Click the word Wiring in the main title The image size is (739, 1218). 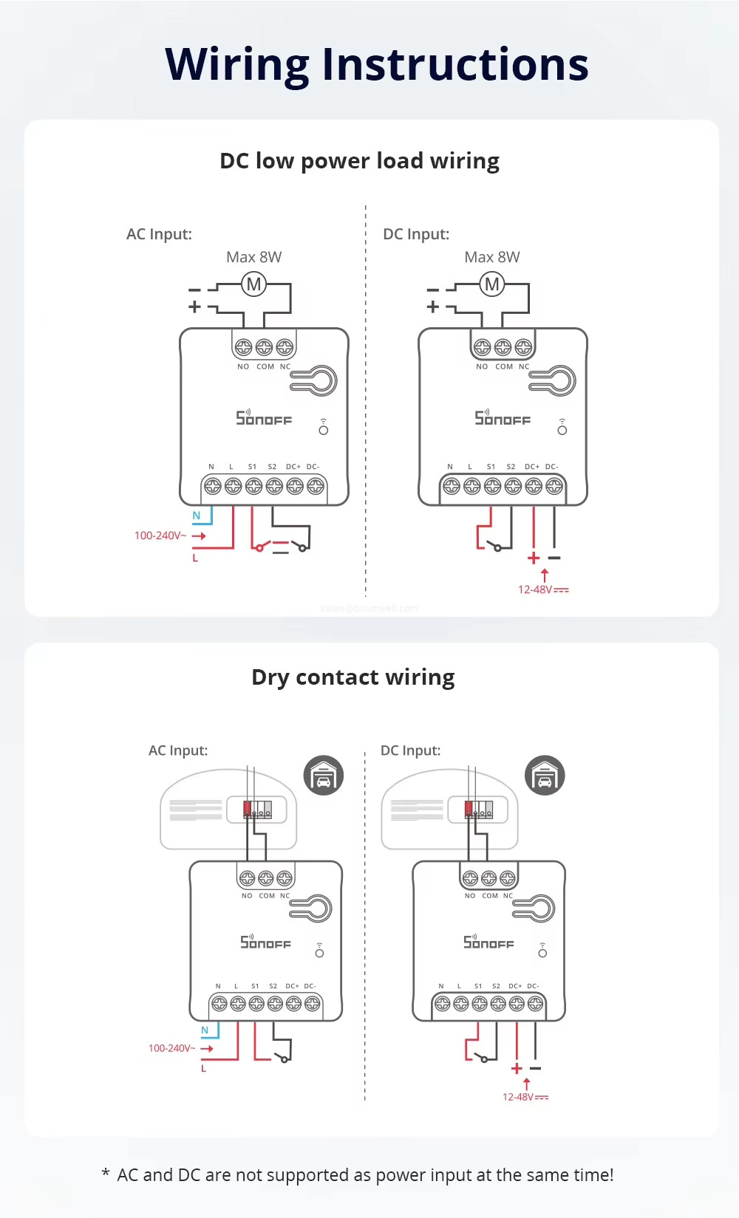point(237,65)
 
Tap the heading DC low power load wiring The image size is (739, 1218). point(359,161)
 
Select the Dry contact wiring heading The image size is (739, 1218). point(353,677)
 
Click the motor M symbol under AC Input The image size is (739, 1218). point(253,284)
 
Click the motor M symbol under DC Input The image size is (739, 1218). point(492,284)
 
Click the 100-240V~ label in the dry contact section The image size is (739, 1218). point(171,1048)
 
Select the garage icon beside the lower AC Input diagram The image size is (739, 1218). point(324,776)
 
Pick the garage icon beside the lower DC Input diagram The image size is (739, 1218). point(545,776)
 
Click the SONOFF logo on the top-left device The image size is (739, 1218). point(264,418)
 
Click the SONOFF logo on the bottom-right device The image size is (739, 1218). point(488,942)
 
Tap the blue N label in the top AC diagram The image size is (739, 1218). point(197,516)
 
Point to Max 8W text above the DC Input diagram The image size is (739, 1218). point(492,257)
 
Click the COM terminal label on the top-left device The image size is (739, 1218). point(265,366)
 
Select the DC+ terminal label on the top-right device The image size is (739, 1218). point(532,467)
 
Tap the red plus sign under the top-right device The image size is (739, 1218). point(534,558)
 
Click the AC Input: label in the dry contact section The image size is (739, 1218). point(178,750)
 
